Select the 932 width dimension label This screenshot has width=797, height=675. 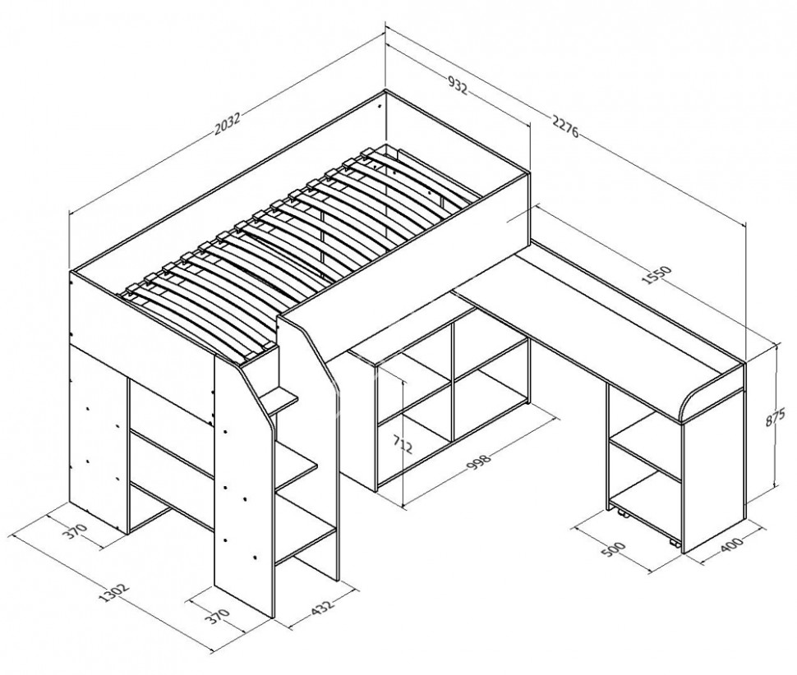coord(457,85)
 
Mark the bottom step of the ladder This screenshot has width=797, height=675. coord(306,544)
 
